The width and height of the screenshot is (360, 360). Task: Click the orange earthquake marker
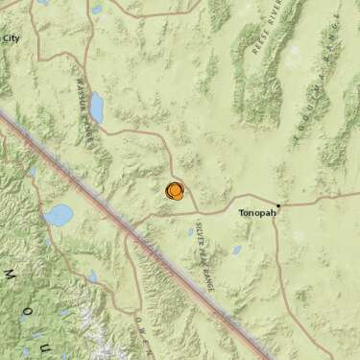[175, 191]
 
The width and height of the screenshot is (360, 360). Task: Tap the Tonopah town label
[256, 215]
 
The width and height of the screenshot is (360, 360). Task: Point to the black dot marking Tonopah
[278, 204]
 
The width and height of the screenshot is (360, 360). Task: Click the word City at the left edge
[12, 37]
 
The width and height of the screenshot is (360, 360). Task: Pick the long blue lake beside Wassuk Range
[96, 108]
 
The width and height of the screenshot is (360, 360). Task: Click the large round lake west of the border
[59, 214]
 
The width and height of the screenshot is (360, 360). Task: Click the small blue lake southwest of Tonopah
[236, 251]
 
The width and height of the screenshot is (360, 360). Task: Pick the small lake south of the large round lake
[92, 276]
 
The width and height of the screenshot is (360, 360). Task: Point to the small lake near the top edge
[97, 10]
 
